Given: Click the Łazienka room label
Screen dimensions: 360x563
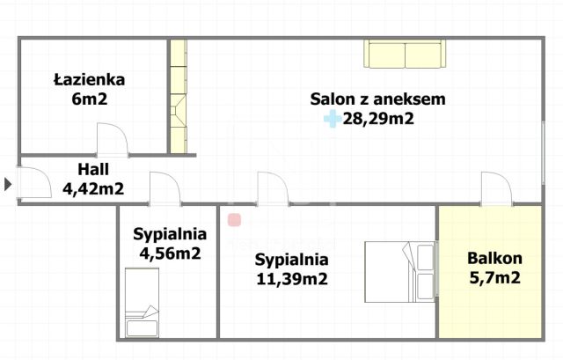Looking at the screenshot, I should (89, 79).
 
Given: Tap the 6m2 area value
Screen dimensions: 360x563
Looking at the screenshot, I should (89, 99).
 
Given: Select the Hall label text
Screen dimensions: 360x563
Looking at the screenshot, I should (92, 168).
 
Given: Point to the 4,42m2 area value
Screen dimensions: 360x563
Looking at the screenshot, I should (92, 187).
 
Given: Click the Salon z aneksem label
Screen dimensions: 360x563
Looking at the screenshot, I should (377, 99).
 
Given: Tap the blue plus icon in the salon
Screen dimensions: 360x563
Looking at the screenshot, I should (332, 119).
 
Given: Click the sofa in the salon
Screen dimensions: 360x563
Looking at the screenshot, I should (406, 55).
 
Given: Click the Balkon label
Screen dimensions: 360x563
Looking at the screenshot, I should (494, 259).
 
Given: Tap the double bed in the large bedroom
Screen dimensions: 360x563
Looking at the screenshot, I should (400, 271).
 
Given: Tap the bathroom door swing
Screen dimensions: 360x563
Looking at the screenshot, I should (113, 141).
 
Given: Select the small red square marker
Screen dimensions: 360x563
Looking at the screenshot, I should (234, 219).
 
